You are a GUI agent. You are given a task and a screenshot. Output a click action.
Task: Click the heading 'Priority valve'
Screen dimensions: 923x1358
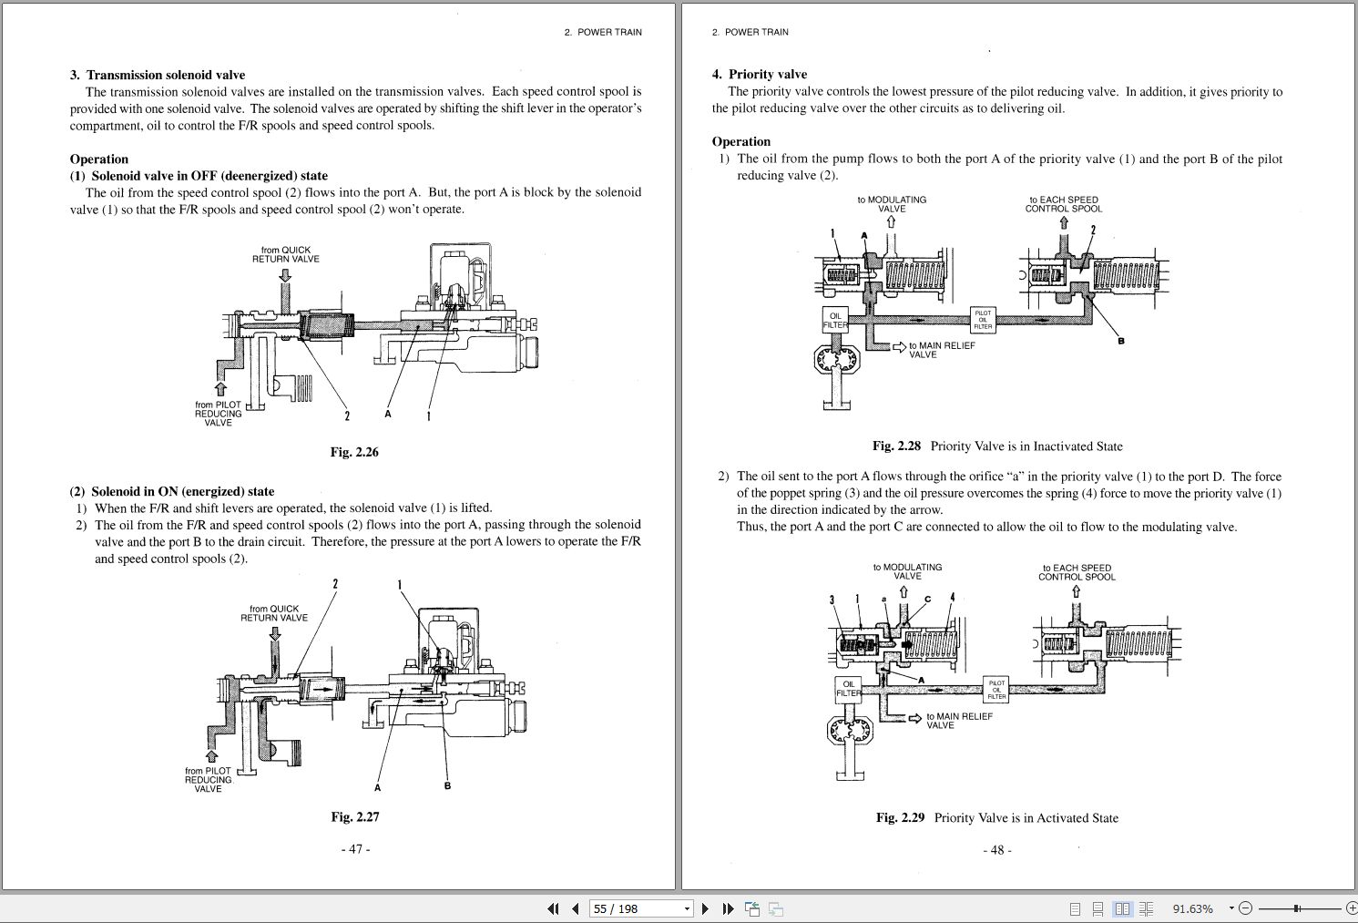coord(767,74)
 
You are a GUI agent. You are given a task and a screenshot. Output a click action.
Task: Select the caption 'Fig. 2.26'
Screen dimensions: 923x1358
coord(354,452)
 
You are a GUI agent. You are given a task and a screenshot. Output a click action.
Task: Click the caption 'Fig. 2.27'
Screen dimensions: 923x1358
coord(354,816)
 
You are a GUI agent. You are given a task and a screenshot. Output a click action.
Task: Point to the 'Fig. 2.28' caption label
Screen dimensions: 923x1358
coord(896,446)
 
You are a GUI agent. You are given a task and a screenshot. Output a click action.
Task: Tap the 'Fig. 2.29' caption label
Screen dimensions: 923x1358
coord(900,817)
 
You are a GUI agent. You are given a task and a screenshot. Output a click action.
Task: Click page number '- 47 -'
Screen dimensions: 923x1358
coord(355,848)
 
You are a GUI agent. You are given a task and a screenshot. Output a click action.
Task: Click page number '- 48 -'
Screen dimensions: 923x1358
coord(997,849)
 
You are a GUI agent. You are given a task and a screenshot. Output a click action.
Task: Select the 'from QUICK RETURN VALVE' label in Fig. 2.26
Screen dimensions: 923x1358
coord(285,254)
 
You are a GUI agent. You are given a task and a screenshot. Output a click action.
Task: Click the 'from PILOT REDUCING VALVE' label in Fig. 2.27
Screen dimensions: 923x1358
coord(209,779)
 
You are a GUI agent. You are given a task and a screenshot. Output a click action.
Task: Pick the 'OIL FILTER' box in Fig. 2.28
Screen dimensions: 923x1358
coord(835,320)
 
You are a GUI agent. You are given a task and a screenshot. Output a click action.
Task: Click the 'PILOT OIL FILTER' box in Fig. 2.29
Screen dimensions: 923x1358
coord(996,689)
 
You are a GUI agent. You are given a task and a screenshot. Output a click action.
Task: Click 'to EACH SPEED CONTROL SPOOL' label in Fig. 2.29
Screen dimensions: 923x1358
coord(1076,571)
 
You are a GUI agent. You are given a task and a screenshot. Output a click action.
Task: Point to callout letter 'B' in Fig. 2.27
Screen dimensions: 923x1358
coord(447,785)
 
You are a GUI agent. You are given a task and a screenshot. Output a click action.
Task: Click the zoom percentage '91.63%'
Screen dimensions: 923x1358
coord(1192,908)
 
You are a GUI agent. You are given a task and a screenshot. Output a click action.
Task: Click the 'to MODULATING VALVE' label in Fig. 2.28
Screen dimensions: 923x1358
coord(891,204)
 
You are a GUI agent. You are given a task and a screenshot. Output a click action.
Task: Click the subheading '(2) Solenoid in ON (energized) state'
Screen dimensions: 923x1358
coord(172,491)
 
